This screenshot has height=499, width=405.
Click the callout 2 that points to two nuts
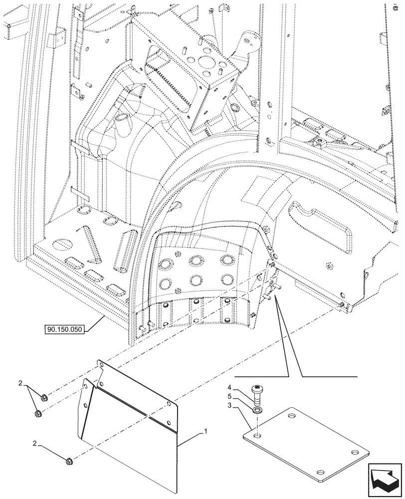pyautogui.click(x=21, y=383)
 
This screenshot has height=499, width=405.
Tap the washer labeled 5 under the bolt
pyautogui.click(x=258, y=409)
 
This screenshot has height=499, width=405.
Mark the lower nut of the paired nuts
pyautogui.click(x=38, y=414)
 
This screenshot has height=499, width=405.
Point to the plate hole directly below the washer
pyautogui.click(x=258, y=437)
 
